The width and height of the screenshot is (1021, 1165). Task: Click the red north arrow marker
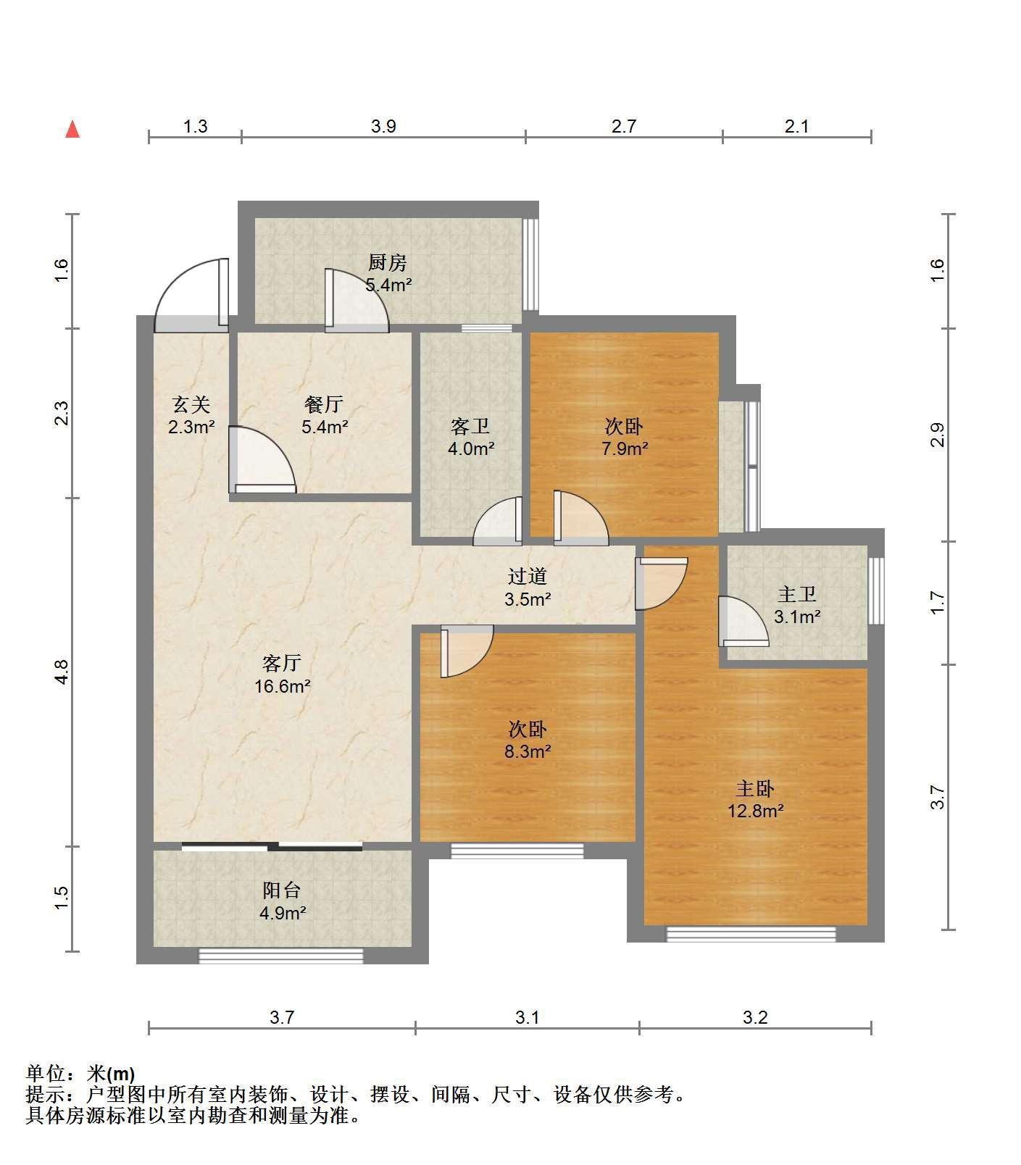pos(72,130)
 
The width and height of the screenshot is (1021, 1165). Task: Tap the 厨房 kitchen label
pos(388,262)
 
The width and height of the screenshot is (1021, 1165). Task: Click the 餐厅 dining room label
pos(324,404)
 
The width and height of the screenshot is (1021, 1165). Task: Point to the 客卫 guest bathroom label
pos(470,426)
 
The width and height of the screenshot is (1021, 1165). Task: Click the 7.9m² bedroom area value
pos(625,448)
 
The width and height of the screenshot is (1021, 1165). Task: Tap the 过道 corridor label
pos(528,577)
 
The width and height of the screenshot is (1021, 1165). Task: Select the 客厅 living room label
pos(282,663)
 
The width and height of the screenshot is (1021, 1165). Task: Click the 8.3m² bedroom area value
pos(528,751)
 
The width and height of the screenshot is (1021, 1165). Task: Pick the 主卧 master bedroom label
pos(756,788)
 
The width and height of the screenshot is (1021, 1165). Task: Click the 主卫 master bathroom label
pos(797,595)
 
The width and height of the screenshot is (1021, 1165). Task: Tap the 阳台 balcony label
pos(282,890)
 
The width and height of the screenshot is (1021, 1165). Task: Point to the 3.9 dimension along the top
pos(383,127)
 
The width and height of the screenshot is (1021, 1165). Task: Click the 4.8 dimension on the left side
pos(62,672)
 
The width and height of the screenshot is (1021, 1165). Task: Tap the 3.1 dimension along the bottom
pos(528,1018)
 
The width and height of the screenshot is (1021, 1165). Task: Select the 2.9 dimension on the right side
pos(938,435)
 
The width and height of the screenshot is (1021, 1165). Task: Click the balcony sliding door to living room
pos(272,845)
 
